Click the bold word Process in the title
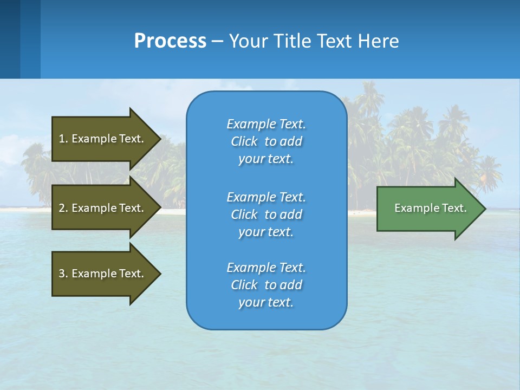(170, 41)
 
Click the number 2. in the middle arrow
(63, 208)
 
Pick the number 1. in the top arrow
(63, 139)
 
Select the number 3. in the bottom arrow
(63, 274)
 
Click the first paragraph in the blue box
(266, 141)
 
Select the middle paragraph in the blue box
(266, 214)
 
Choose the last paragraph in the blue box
(266, 285)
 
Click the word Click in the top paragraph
(244, 141)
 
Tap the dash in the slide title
(217, 41)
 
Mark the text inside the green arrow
(430, 208)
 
